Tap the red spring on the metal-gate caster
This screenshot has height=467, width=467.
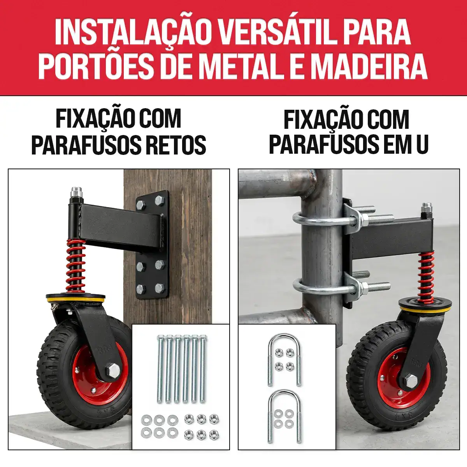(426, 277)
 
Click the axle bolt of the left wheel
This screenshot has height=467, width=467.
(113, 376)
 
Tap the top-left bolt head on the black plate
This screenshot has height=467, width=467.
(141, 205)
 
